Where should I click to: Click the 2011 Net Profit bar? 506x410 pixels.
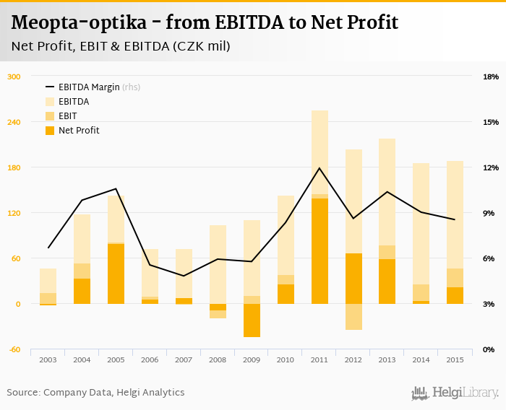[x=320, y=251]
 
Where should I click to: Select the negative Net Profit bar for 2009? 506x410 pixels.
[x=252, y=320]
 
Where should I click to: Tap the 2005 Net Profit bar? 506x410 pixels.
[x=116, y=274]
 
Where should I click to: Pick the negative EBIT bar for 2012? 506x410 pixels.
[x=353, y=317]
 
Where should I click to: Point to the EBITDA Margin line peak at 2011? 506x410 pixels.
[x=320, y=168]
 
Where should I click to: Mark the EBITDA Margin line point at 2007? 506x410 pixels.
[x=184, y=276]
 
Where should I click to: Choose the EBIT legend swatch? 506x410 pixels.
[x=50, y=116]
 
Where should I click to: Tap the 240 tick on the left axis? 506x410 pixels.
[x=13, y=122]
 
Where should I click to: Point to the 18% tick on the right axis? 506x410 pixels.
[x=491, y=77]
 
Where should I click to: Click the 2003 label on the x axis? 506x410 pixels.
[x=48, y=359]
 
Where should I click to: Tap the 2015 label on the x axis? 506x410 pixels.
[x=455, y=359]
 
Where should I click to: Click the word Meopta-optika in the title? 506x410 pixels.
[x=80, y=23]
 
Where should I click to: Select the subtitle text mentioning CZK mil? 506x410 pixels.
[x=121, y=47]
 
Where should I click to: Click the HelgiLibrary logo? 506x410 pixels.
[x=455, y=393]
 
